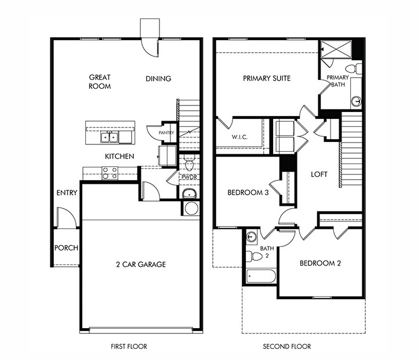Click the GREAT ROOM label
tap(100, 81)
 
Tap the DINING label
tap(158, 79)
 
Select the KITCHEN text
tap(119, 157)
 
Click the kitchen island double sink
tap(110, 137)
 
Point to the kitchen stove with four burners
tap(110, 172)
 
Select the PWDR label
tap(188, 177)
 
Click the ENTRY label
tap(67, 193)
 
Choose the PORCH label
tap(66, 248)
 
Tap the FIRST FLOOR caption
tap(129, 347)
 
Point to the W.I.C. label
tap(240, 137)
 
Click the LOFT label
tap(319, 174)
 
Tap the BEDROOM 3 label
tap(248, 193)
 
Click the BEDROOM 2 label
tap(320, 263)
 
